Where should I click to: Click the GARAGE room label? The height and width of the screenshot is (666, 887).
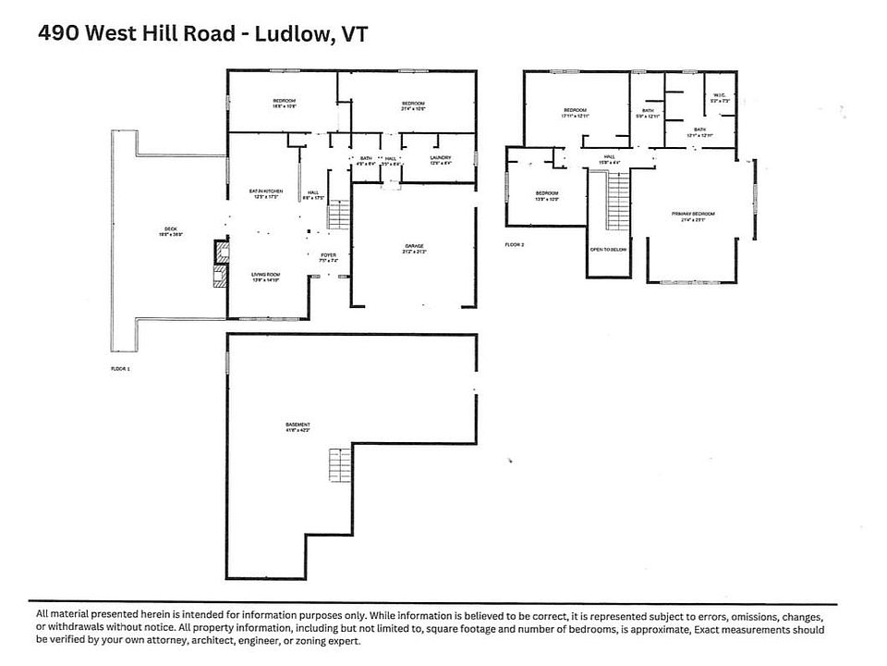point(414,247)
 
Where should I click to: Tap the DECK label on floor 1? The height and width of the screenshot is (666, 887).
point(169,229)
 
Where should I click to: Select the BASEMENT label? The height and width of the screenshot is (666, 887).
point(298,425)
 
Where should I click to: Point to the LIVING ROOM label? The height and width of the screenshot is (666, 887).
point(265,275)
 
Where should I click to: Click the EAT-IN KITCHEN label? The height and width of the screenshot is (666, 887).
point(265,191)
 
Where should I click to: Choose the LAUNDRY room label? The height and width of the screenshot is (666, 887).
point(441,157)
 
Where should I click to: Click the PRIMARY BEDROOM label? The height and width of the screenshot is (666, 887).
point(693,214)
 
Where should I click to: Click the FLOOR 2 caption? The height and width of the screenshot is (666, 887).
point(515,244)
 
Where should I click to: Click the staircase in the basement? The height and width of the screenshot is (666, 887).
point(340,465)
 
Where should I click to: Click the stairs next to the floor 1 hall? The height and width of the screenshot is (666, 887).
point(340,216)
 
